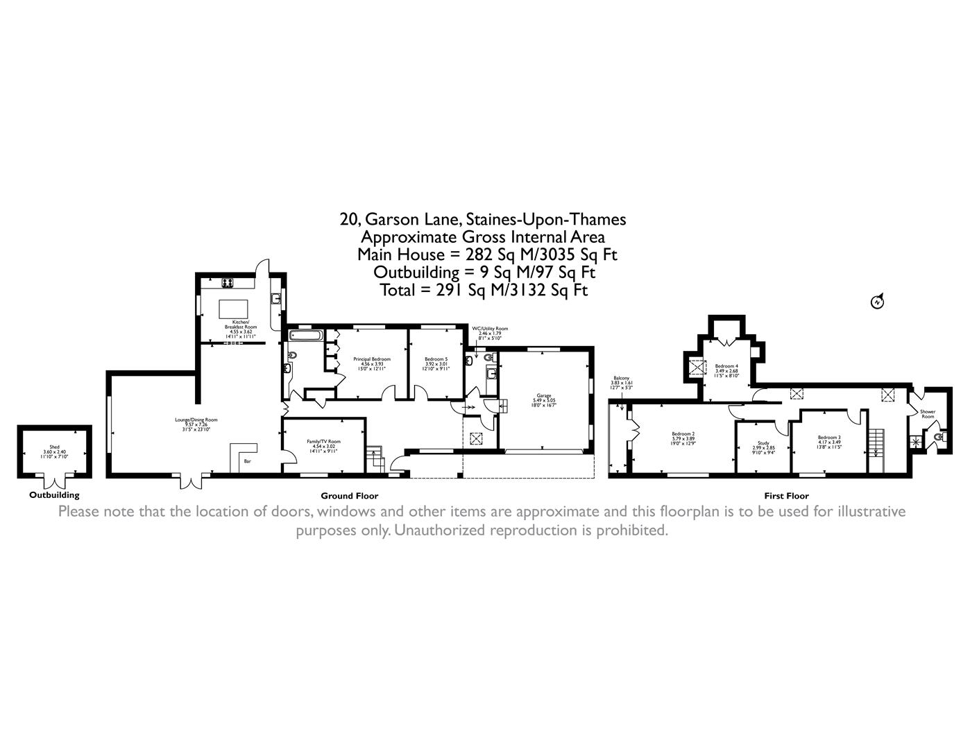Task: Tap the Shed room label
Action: [x=54, y=449]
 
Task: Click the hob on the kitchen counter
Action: [x=227, y=282]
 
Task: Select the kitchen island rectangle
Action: [x=234, y=308]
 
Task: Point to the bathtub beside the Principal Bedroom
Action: [x=305, y=336]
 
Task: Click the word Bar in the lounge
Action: [x=247, y=461]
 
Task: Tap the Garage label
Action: [x=544, y=397]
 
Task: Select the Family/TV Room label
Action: [x=324, y=443]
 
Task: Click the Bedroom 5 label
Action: [x=436, y=360]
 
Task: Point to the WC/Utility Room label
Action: [x=490, y=329]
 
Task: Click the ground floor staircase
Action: [x=375, y=458]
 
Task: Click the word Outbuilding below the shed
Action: [x=54, y=495]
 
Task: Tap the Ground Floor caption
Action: [x=349, y=496]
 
